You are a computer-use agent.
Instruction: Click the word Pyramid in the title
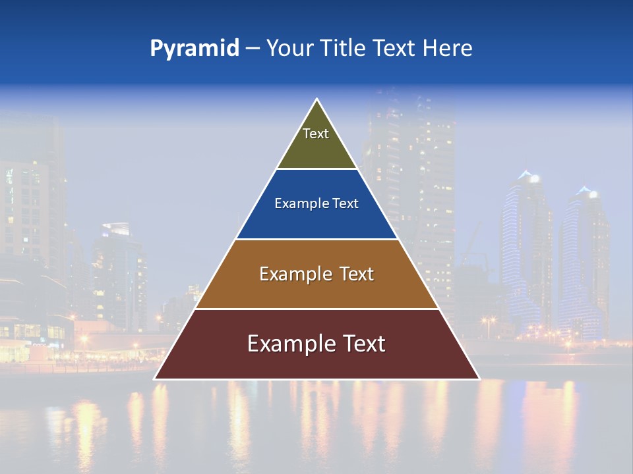(x=194, y=48)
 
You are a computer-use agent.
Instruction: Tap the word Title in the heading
(x=342, y=48)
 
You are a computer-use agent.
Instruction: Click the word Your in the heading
(x=289, y=48)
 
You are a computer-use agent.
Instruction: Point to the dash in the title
(x=252, y=49)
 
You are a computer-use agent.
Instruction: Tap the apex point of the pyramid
(x=317, y=99)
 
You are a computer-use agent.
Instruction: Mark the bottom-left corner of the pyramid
(x=155, y=379)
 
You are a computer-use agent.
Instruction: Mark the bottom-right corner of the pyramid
(x=479, y=379)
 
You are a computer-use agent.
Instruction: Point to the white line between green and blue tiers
(x=316, y=169)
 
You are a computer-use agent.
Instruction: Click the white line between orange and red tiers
(x=316, y=309)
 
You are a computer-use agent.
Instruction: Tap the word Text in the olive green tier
(x=316, y=134)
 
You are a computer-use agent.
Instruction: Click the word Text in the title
(x=394, y=48)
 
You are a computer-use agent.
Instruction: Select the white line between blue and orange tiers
(x=316, y=239)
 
